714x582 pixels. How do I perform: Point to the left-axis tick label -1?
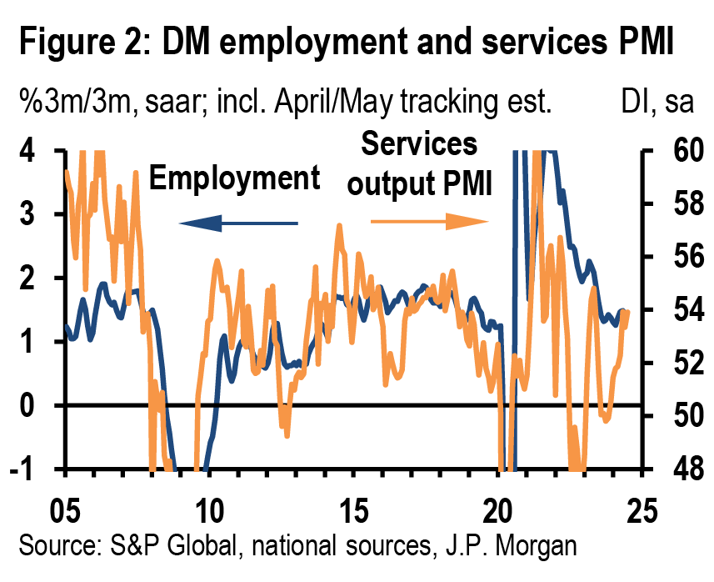pos(27,469)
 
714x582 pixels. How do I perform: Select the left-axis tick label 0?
pos(31,406)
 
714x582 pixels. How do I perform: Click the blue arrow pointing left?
pos(237,222)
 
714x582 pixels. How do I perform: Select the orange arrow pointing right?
pos(430,221)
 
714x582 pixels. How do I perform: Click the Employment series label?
pos(234,178)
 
